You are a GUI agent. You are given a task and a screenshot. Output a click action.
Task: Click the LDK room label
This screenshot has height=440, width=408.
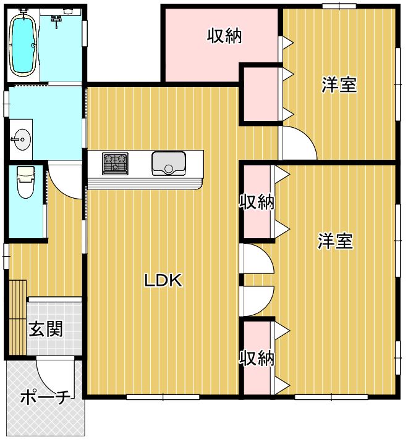tap(163, 280)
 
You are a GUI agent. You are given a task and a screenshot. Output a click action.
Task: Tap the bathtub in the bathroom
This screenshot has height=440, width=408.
tap(23, 43)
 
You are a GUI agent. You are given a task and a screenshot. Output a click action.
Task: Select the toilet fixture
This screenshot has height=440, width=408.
tap(25, 183)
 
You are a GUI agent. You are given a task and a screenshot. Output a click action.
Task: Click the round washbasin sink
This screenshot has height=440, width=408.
tap(22, 139)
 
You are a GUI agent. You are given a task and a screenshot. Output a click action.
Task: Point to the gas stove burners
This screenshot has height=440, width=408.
tap(115, 164)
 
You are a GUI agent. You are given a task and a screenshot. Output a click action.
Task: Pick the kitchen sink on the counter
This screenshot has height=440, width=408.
tap(169, 164)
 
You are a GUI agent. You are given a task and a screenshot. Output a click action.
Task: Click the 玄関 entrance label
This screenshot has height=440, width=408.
tap(46, 328)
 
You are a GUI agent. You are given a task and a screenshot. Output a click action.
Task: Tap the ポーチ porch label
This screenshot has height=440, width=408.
tap(45, 397)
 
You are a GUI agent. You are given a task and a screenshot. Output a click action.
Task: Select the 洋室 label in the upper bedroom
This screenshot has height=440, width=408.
tap(339, 85)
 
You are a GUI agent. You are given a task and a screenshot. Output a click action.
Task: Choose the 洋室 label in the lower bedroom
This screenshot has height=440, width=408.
tap(335, 241)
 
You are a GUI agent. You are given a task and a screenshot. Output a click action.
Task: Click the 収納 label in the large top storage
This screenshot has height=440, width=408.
tap(224, 36)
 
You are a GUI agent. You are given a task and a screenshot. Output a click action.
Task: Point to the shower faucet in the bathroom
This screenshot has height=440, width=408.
tap(57, 20)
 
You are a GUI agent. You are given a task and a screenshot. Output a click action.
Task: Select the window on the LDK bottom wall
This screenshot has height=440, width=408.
tap(163, 397)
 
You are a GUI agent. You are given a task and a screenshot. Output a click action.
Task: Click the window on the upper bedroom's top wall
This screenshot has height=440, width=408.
tap(339, 6)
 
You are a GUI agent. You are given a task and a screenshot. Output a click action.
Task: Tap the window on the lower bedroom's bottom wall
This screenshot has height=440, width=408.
tap(331, 397)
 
